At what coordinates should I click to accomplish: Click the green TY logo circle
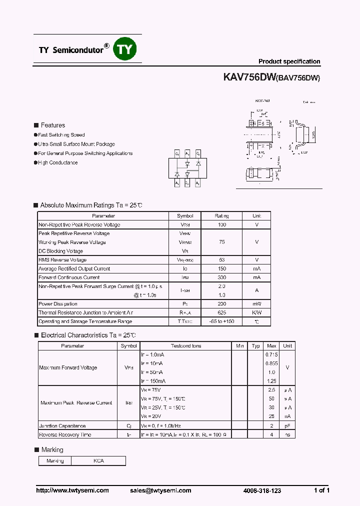pyautogui.click(x=124, y=49)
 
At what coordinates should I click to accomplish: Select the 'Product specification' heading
pyautogui.click(x=289, y=61)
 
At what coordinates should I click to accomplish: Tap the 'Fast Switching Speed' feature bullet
pyautogui.click(x=61, y=135)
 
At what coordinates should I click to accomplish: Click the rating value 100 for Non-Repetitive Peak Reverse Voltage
pyautogui.click(x=221, y=224)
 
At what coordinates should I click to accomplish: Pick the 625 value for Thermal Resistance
pyautogui.click(x=221, y=312)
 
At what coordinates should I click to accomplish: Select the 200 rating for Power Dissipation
pyautogui.click(x=221, y=303)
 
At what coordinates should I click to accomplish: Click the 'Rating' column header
pyautogui.click(x=221, y=216)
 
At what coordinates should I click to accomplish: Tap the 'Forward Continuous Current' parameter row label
pyautogui.click(x=69, y=277)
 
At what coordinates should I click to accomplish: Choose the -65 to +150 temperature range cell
pyautogui.click(x=221, y=321)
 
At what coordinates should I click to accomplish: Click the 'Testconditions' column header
pyautogui.click(x=185, y=346)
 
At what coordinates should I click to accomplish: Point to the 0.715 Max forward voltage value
pyautogui.click(x=271, y=354)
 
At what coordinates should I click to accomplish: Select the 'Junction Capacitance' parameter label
pyautogui.click(x=62, y=426)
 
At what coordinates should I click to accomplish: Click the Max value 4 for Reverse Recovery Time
pyautogui.click(x=271, y=435)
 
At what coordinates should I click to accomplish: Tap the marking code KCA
pyautogui.click(x=98, y=461)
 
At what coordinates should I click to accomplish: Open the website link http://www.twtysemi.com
pyautogui.click(x=72, y=490)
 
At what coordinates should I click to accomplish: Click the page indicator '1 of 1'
pyautogui.click(x=321, y=490)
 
